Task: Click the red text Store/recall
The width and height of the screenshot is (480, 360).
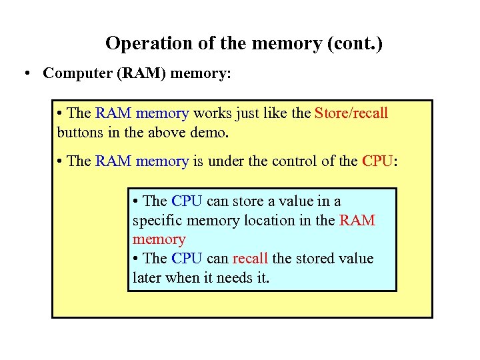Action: click(x=351, y=113)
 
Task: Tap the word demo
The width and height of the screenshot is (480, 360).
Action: click(x=209, y=132)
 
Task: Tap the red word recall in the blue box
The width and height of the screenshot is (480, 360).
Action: click(x=251, y=259)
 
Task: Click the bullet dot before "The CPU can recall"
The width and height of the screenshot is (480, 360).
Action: click(x=135, y=259)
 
